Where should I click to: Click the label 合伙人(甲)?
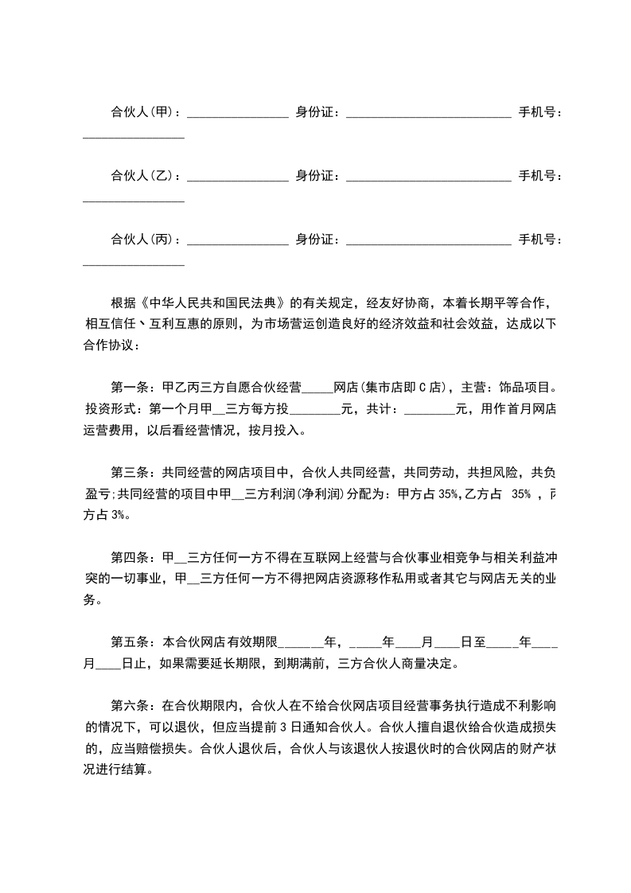coord(142,112)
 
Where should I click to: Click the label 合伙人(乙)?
coord(142,175)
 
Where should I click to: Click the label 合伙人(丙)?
coord(142,239)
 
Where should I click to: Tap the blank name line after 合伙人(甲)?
coord(237,115)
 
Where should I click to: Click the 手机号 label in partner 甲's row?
coord(538,112)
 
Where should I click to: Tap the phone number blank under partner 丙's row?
coord(134,263)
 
